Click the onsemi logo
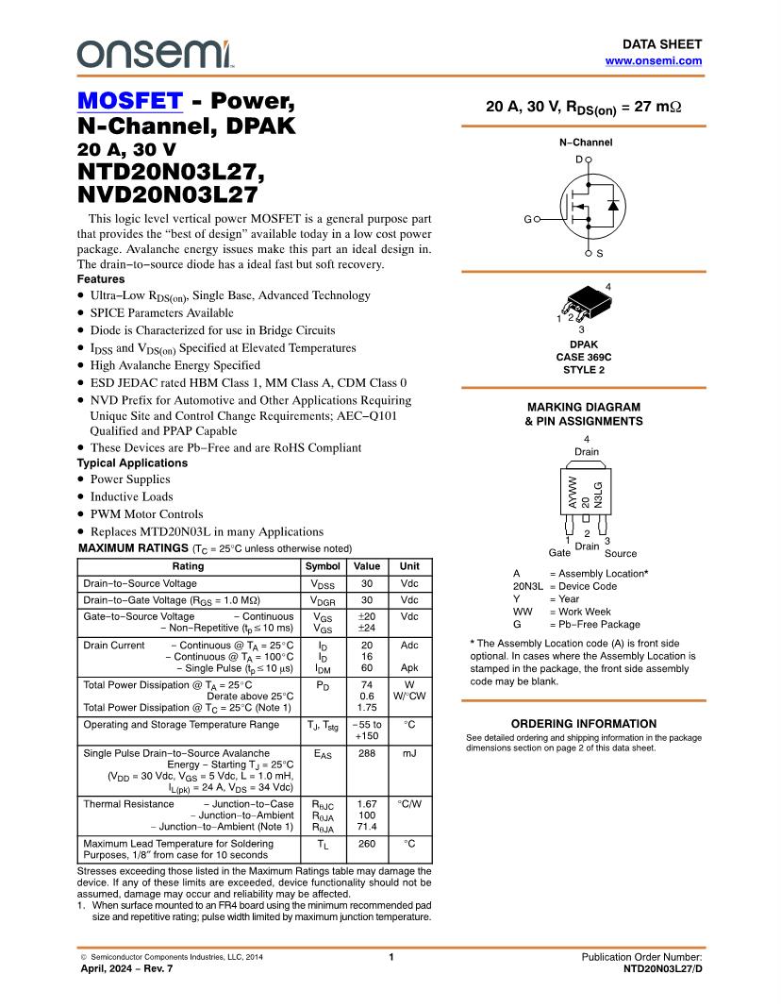coord(155,53)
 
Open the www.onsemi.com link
coord(653,60)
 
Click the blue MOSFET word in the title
coord(129,101)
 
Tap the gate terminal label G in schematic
coord(527,219)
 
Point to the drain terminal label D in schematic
coord(579,160)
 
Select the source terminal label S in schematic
coord(600,254)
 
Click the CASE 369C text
coord(582,357)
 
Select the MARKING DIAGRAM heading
coord(583,407)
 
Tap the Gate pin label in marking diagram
coord(559,553)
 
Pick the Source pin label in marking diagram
coord(620,553)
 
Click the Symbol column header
coord(323,566)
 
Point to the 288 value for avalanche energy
coord(367,754)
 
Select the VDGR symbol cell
coord(323,600)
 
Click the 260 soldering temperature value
coord(367,844)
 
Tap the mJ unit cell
coord(409,754)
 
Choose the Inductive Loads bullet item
coord(131,496)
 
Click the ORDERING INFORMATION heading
coord(583,724)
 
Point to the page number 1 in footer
coord(390,957)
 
